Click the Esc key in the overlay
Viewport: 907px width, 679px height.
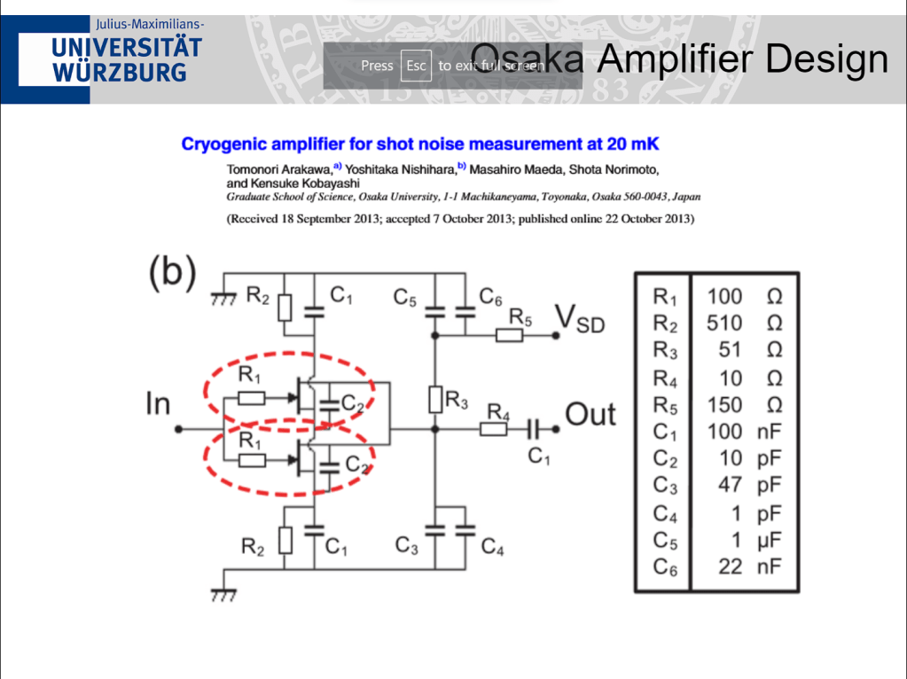point(416,66)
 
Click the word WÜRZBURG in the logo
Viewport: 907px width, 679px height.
point(120,72)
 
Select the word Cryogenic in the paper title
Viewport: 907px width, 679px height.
point(225,144)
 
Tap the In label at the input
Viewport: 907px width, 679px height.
point(158,404)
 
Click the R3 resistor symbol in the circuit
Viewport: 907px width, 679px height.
point(434,400)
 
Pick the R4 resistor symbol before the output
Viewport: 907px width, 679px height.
point(493,429)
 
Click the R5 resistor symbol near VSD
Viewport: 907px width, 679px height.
point(510,335)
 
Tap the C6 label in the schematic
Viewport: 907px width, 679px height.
point(491,295)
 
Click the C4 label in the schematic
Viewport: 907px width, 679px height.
point(493,549)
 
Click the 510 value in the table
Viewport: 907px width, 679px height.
point(724,323)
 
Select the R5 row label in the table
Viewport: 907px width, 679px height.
point(664,405)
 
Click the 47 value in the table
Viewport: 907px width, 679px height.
point(730,486)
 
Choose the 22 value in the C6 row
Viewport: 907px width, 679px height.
point(730,566)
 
